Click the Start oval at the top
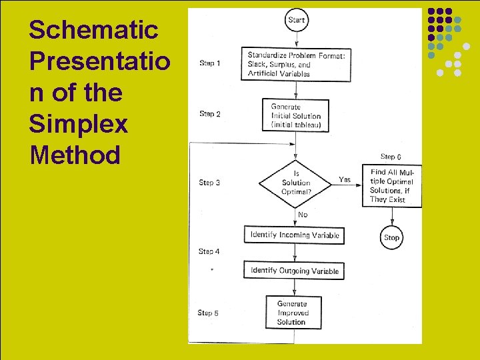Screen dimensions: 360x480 coord(296,20)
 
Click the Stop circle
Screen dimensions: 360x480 coord(391,237)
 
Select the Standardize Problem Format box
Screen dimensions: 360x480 coord(296,65)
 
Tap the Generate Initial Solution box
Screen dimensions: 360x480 coord(296,116)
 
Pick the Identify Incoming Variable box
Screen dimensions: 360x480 coord(295,235)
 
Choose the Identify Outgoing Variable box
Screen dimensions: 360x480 coord(295,271)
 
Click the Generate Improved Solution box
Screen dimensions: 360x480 coord(292,313)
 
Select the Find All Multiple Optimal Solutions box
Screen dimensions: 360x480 coord(392,186)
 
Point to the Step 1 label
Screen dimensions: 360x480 coord(210,63)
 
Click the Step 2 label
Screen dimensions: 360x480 coord(210,114)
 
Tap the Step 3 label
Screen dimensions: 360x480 coord(209,182)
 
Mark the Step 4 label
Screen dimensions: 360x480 coord(209,251)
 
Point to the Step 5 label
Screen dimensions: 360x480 coord(208,313)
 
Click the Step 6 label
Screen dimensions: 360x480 coord(391,157)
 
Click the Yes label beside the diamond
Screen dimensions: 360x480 coord(345,179)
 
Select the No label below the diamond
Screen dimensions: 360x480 coord(303,215)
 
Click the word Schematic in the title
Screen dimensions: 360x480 coord(93,30)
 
